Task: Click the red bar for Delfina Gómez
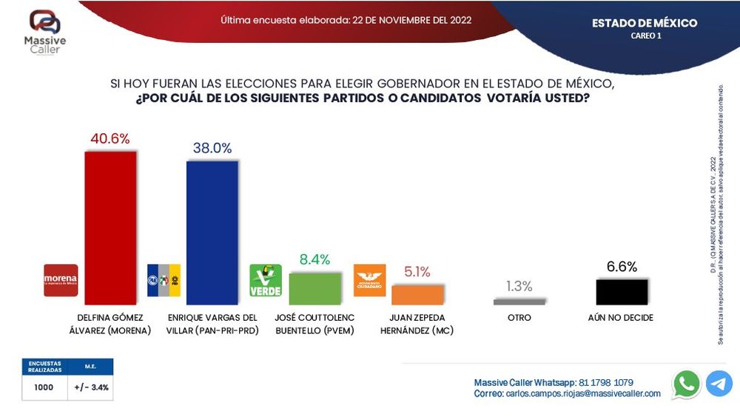[x=111, y=227]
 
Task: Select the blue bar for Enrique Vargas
[x=212, y=233]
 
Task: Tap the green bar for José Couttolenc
[x=314, y=289]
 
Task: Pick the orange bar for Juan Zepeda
[x=417, y=294]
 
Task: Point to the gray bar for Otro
[x=519, y=301]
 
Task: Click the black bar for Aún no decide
[x=622, y=292]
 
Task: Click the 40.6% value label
[x=110, y=139]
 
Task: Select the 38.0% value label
[x=212, y=148]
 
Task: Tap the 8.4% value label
[x=314, y=259]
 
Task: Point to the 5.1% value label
[x=418, y=272]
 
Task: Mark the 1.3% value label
[x=519, y=286]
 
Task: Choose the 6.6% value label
[x=622, y=267]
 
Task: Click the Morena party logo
[x=61, y=281]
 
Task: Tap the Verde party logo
[x=265, y=281]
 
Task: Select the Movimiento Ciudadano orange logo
[x=369, y=281]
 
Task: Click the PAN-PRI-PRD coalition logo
[x=164, y=281]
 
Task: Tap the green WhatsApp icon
[x=687, y=384]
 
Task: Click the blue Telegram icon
[x=719, y=384]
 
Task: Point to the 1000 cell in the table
[x=44, y=387]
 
